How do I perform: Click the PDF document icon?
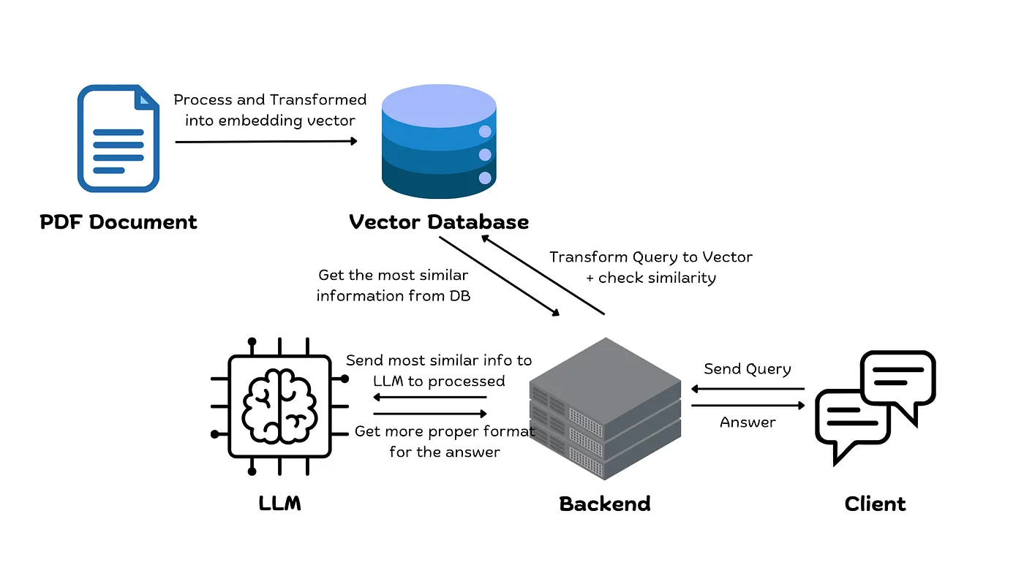click(x=118, y=138)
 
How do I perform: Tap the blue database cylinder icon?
click(x=439, y=143)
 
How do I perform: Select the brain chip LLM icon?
click(x=279, y=406)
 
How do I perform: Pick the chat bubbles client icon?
click(x=875, y=406)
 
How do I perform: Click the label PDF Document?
click(x=118, y=222)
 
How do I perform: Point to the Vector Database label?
click(x=439, y=222)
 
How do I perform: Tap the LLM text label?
click(x=279, y=504)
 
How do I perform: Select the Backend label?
click(x=605, y=504)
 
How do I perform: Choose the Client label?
click(x=875, y=504)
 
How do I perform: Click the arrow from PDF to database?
click(x=266, y=141)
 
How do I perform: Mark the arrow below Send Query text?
click(x=748, y=389)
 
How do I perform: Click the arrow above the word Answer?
click(x=748, y=406)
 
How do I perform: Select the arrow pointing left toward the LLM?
click(x=430, y=397)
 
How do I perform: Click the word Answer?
click(x=748, y=422)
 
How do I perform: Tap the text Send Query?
click(x=748, y=369)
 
